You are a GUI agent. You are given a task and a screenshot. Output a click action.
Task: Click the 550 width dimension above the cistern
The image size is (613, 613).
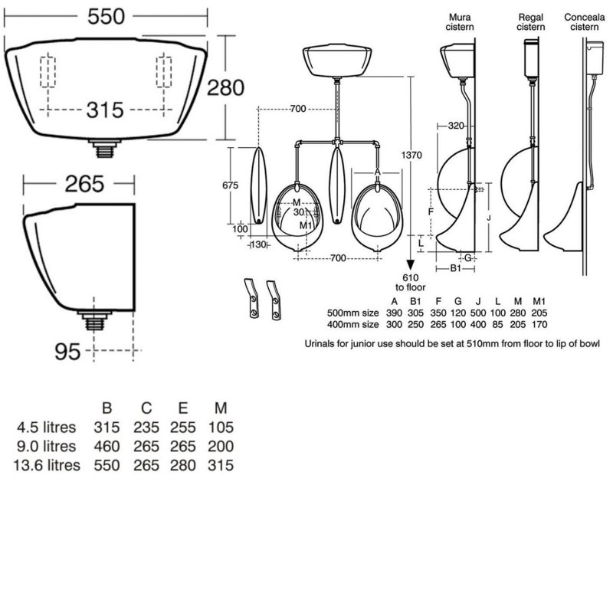coord(106,16)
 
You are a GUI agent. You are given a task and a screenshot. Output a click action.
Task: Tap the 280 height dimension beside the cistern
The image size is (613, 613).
coord(225,87)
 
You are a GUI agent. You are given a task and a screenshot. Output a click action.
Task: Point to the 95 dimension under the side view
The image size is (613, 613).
coord(67,351)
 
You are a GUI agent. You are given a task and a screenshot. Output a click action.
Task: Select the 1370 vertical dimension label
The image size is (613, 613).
coord(411,156)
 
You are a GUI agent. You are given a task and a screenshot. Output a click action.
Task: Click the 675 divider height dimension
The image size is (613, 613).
coord(231,185)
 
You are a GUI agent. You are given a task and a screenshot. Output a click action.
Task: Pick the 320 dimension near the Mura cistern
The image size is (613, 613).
coord(455,126)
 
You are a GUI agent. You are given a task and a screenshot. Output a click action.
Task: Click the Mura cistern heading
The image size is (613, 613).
coord(460,22)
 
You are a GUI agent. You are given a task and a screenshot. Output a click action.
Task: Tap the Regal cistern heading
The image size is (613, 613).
coord(530,22)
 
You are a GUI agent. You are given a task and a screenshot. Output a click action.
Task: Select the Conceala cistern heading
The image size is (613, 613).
coord(585,22)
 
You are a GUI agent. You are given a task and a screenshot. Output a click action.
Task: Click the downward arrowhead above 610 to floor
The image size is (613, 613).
coord(411,265)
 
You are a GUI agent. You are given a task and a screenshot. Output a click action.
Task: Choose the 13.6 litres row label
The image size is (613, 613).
coord(47,465)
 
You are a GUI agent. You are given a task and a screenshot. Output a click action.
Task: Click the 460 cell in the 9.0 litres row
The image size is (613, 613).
coord(107,446)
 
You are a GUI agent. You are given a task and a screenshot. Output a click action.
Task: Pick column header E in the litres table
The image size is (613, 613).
coord(182,408)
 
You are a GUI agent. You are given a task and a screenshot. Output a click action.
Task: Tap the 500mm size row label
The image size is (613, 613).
coord(353,313)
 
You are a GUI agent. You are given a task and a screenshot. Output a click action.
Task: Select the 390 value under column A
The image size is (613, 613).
coord(394,313)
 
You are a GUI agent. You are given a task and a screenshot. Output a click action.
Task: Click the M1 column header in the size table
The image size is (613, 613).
coord(539,301)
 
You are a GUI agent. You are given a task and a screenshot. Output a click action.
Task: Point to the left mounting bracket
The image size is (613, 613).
coord(252,298)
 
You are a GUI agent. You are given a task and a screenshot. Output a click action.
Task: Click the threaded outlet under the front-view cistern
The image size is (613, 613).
coord(103,149)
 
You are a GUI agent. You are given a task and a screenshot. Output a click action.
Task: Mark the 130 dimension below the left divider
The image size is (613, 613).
coord(258,244)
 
